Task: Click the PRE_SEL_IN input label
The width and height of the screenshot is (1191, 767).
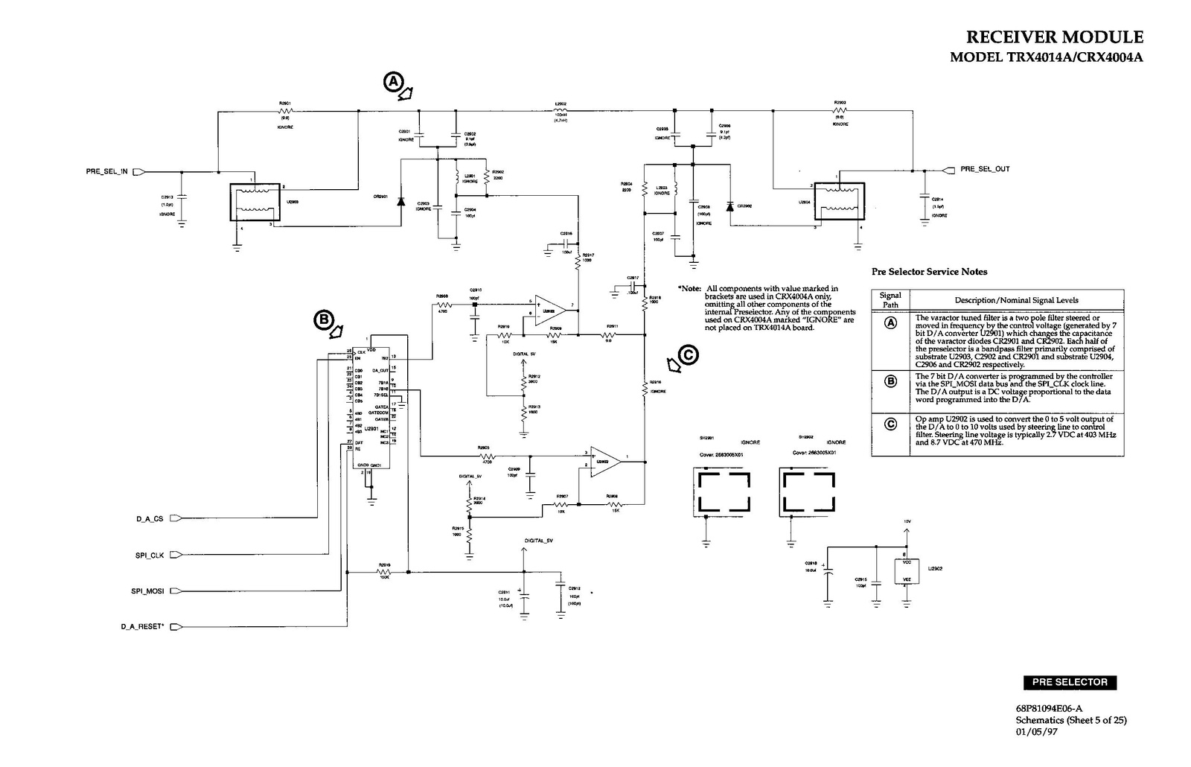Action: (107, 171)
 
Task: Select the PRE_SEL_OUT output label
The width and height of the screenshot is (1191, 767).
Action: (985, 169)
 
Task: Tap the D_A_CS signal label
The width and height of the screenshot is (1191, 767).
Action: (149, 519)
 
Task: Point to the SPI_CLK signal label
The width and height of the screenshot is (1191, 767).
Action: (149, 556)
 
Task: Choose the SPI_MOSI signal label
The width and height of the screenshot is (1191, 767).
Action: (147, 591)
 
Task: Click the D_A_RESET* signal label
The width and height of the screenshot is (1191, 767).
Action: (142, 627)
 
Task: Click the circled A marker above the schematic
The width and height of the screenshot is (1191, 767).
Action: (394, 81)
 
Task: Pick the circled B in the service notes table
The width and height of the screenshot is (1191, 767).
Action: (890, 382)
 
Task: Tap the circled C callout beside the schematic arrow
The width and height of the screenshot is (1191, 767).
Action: (689, 355)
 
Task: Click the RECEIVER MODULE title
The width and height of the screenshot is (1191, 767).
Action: (1054, 37)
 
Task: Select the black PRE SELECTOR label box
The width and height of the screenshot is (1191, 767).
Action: (1070, 682)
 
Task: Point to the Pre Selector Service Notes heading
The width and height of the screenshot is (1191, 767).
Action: (929, 272)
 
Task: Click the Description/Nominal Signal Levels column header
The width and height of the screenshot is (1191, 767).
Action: (1016, 300)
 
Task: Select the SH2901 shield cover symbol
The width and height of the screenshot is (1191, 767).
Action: (721, 491)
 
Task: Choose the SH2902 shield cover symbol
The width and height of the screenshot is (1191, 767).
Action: (807, 491)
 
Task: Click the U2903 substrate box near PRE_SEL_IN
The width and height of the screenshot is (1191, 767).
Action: (254, 203)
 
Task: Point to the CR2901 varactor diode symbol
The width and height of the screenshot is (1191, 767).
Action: (401, 201)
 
